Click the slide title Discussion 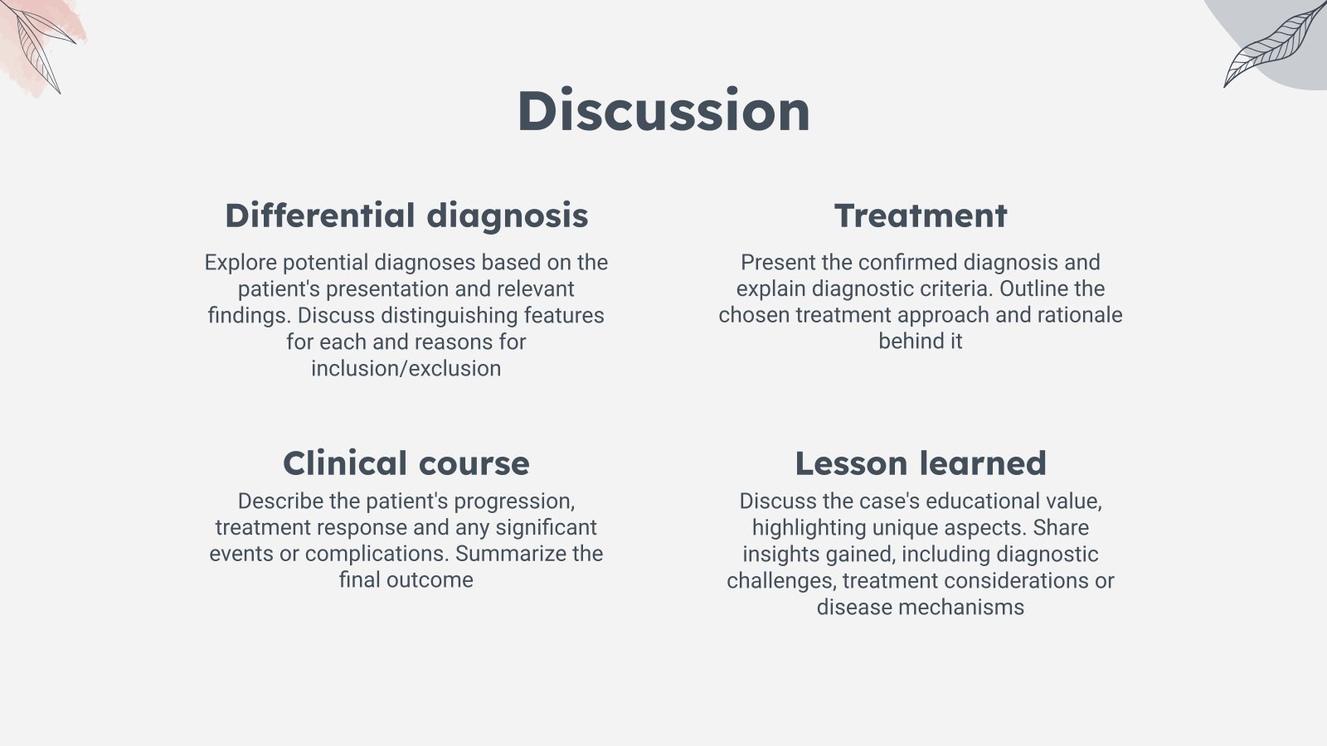(x=663, y=111)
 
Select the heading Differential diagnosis (x=406, y=216)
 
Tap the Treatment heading (x=921, y=216)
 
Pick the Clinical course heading (x=406, y=463)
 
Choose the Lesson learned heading (x=921, y=463)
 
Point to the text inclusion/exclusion (x=406, y=369)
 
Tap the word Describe (x=281, y=501)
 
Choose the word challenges (x=781, y=581)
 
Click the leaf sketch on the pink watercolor (x=38, y=46)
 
